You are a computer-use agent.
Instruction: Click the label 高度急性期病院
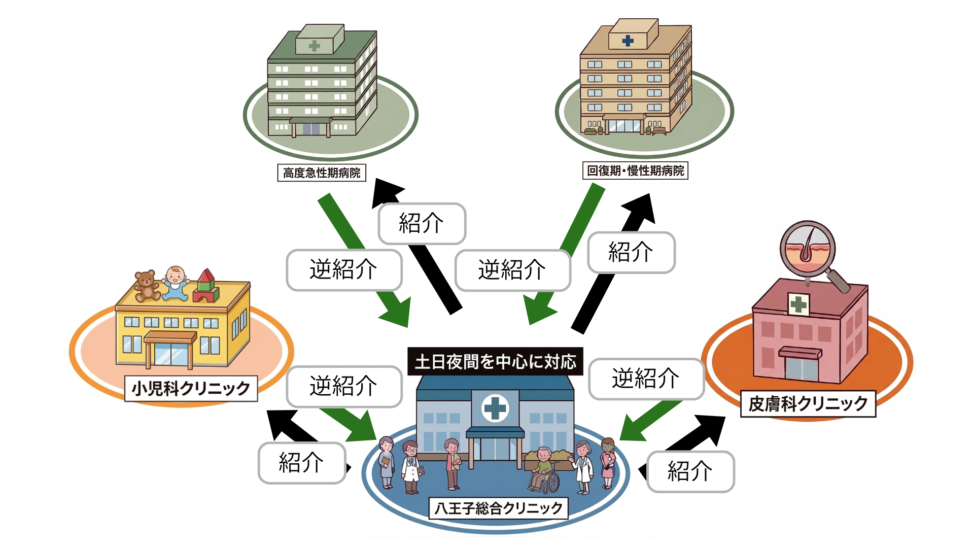(x=322, y=173)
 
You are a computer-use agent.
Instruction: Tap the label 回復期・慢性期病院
(x=635, y=170)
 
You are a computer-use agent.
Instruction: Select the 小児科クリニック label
(x=191, y=389)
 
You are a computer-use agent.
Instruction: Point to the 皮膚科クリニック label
(x=808, y=404)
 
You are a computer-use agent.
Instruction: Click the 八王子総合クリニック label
(x=499, y=508)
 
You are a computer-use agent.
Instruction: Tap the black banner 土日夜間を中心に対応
(x=495, y=361)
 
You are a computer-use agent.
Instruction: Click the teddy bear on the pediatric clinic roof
(x=146, y=285)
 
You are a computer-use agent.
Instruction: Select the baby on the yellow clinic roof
(x=176, y=282)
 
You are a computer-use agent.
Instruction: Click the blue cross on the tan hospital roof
(x=628, y=41)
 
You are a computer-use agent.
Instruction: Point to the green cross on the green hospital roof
(x=315, y=46)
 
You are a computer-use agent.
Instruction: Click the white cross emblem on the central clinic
(x=495, y=408)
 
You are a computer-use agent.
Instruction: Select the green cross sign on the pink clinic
(x=798, y=304)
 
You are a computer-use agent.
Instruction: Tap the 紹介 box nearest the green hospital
(x=422, y=223)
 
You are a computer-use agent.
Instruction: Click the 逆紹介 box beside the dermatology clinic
(x=646, y=379)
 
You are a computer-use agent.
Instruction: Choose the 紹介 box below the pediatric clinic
(x=301, y=463)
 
